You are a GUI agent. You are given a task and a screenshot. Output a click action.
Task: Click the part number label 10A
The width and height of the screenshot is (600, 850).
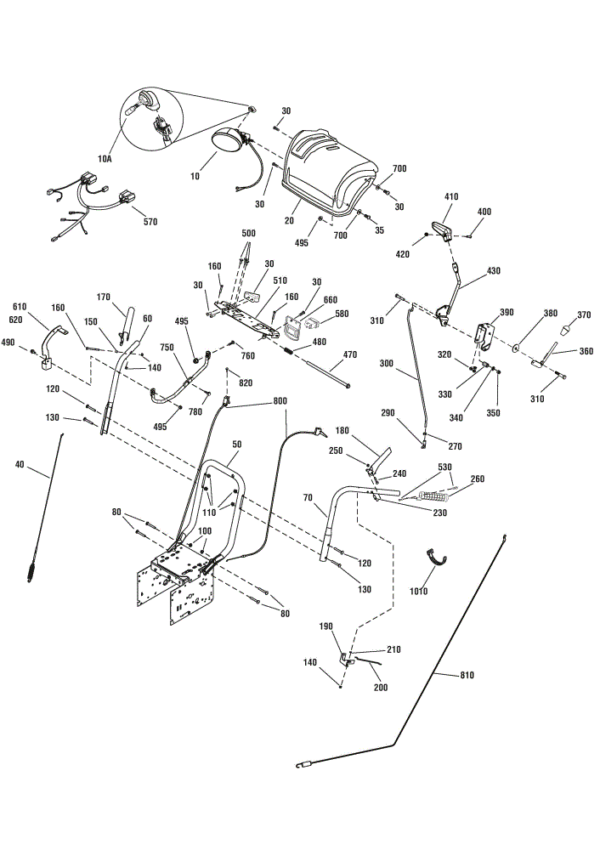point(105,159)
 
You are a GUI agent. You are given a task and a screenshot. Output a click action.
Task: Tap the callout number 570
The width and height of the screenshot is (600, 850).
point(150,221)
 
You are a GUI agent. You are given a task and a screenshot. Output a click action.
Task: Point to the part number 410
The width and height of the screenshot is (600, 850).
point(451,197)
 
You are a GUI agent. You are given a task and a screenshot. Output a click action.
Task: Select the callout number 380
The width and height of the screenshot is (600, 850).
point(551,313)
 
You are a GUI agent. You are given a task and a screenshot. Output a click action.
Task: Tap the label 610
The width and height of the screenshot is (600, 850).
point(19,307)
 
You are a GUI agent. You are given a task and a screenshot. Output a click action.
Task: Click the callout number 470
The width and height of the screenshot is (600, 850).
point(350,354)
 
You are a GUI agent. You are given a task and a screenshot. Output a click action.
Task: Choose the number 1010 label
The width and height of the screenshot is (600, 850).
point(419,591)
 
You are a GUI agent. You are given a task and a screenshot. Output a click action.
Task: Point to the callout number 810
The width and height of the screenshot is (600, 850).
point(467,675)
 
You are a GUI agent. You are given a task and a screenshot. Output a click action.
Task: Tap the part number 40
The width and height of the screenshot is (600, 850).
point(20,464)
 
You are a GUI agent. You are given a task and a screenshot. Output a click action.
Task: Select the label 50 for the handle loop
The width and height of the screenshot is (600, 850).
point(237,444)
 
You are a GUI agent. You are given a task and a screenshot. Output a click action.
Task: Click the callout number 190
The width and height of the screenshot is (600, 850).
point(325,626)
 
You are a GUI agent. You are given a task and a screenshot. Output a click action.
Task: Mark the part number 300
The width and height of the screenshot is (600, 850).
point(387,363)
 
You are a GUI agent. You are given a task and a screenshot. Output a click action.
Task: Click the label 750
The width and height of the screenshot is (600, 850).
point(167,347)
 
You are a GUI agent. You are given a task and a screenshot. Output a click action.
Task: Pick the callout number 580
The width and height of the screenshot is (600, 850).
point(342,314)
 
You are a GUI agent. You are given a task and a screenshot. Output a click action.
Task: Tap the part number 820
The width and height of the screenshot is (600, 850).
point(246,382)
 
